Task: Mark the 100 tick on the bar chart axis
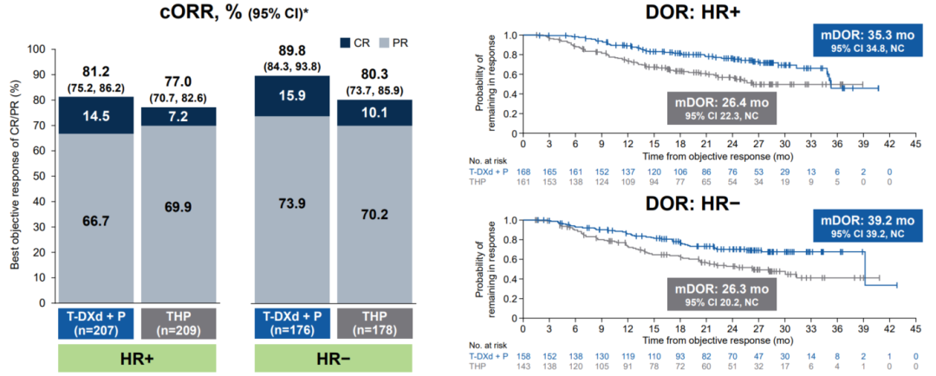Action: [x=37, y=49]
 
